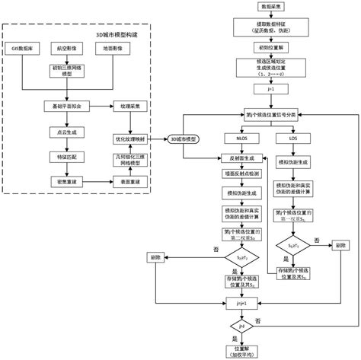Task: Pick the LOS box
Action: click(294, 139)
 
